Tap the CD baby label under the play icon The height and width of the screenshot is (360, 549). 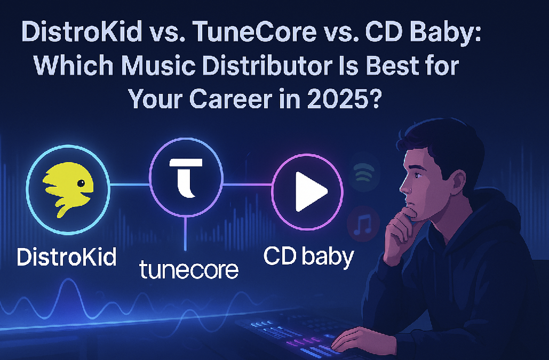click(308, 257)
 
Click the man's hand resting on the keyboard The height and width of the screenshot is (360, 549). click(353, 335)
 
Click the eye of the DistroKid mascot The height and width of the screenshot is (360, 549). click(80, 183)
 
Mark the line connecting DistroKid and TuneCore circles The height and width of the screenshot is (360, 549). click(129, 185)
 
